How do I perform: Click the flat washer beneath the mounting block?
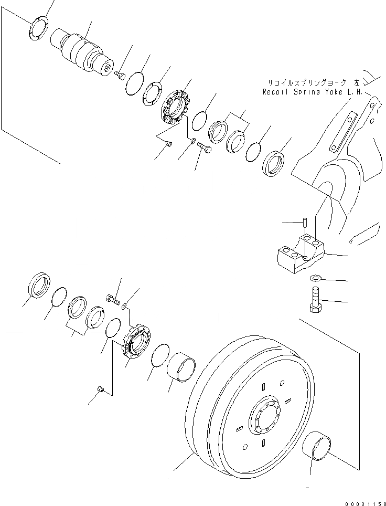click(315, 277)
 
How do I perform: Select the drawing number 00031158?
click(364, 501)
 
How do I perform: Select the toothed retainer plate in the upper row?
click(175, 107)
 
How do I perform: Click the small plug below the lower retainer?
click(101, 388)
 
